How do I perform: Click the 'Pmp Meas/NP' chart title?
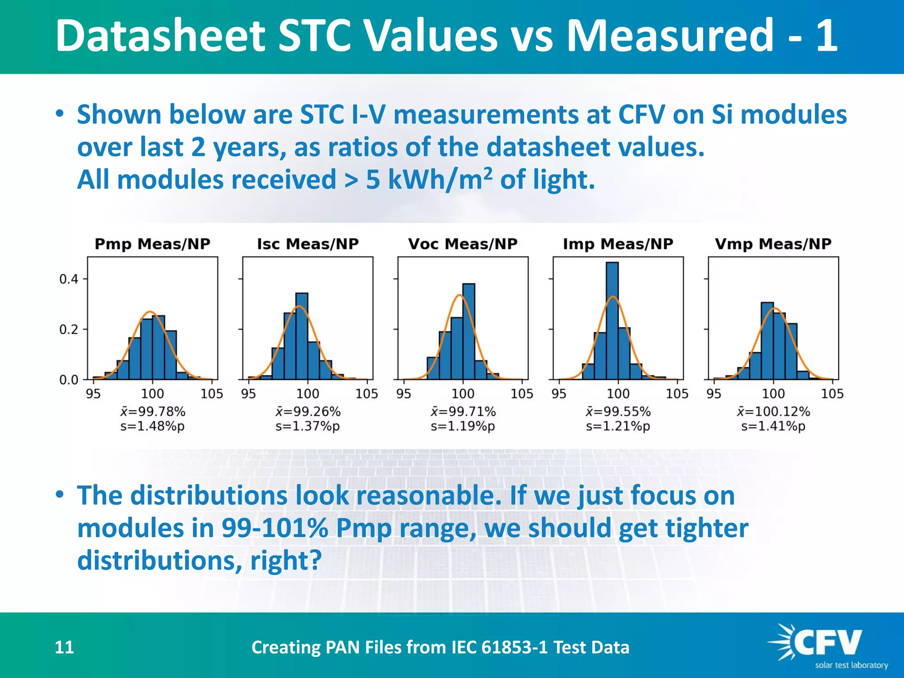click(152, 244)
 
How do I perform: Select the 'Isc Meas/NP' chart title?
click(308, 244)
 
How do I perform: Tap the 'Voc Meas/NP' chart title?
click(463, 244)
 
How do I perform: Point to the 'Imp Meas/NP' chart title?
click(618, 244)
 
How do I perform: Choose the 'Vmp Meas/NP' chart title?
click(773, 244)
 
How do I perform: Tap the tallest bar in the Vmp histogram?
click(767, 341)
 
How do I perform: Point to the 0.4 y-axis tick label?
click(68, 279)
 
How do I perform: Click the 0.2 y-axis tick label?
click(68, 330)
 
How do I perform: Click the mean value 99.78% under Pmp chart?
click(153, 411)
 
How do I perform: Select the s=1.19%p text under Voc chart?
click(463, 426)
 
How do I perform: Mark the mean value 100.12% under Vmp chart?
click(773, 411)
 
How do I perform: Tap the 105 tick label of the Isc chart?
click(367, 394)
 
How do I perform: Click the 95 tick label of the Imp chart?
click(559, 394)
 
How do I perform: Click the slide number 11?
click(64, 647)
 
